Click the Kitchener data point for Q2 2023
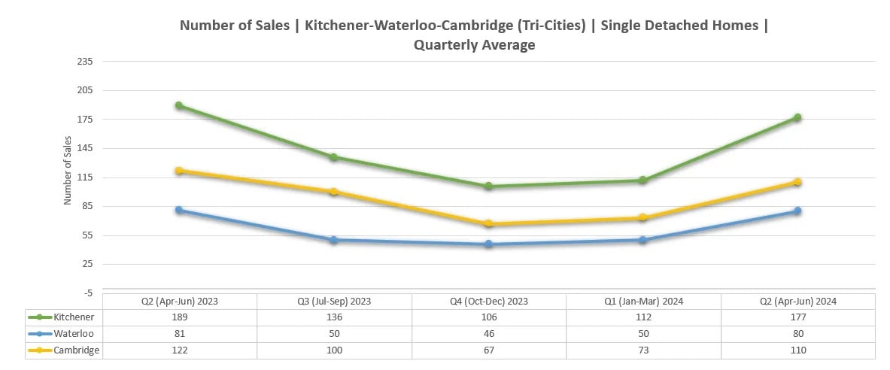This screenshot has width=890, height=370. point(179,105)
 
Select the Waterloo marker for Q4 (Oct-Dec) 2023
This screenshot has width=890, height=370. point(488,244)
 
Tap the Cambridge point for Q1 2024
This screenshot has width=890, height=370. point(643,218)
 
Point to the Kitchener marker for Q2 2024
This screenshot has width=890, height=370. point(797,117)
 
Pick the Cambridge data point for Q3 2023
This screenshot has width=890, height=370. point(333,192)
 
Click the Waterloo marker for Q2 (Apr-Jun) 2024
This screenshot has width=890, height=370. point(797,211)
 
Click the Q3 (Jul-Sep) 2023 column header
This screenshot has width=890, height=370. point(333,301)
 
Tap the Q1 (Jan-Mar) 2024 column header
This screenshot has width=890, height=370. point(643,301)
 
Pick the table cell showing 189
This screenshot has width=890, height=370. point(179,317)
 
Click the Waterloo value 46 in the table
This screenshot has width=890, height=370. point(488,333)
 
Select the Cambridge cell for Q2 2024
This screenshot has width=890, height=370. point(797,350)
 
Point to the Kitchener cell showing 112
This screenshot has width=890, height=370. point(643,317)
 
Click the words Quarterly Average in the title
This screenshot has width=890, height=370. point(474,45)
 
